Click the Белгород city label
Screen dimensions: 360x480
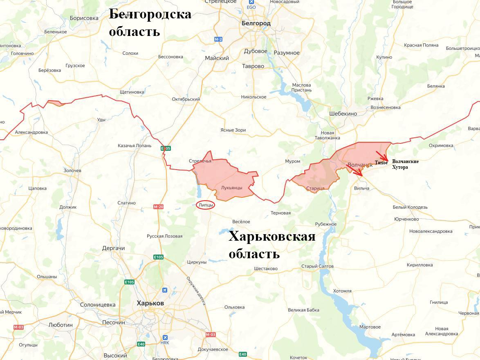click(256, 23)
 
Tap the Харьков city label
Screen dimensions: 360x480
click(150, 303)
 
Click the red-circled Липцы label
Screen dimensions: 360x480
click(205, 205)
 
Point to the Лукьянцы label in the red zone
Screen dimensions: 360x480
click(231, 188)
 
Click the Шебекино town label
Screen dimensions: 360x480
click(343, 114)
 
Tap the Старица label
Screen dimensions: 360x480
click(315, 188)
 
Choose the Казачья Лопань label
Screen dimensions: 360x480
click(135, 145)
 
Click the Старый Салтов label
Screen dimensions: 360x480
click(317, 266)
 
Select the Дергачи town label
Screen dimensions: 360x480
click(113, 248)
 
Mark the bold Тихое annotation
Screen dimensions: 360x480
click(381, 163)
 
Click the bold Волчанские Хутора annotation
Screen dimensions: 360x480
click(405, 164)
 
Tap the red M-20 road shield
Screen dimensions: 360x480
click(158, 207)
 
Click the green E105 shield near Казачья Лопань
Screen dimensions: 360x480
click(166, 148)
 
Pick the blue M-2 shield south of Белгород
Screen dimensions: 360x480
click(218, 39)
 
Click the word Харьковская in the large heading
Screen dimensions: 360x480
click(272, 236)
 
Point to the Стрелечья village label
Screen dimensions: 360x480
click(200, 161)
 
